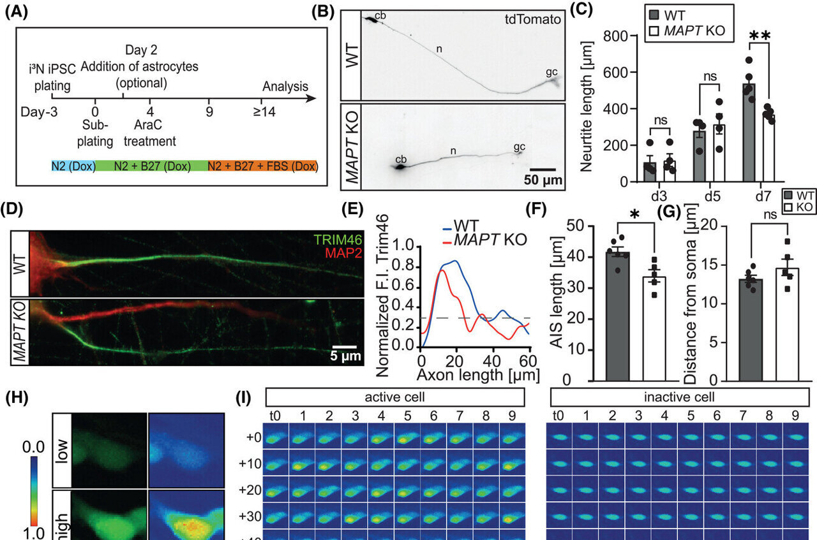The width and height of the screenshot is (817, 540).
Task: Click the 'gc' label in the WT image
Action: click(551, 73)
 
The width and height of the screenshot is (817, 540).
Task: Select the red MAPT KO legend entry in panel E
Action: click(486, 240)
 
